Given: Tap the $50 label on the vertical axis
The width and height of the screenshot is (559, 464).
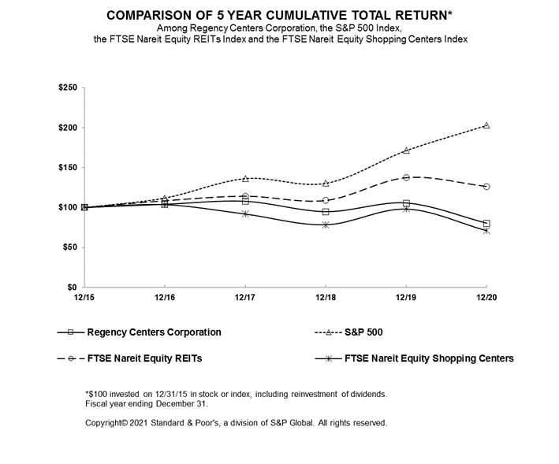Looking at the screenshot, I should (69, 247).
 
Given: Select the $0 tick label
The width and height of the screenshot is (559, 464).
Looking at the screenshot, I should (72, 288).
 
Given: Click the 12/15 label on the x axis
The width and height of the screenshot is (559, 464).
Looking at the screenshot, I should (84, 298).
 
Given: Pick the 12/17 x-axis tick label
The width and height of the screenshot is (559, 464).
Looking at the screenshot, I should (245, 298).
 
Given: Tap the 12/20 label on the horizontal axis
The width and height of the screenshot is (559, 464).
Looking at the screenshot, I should (486, 298).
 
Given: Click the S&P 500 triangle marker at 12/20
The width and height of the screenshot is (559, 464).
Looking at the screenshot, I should (486, 125).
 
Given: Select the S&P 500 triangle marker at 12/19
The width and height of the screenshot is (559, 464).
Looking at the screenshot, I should (406, 150).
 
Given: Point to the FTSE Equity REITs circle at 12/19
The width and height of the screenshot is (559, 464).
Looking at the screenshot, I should (406, 178).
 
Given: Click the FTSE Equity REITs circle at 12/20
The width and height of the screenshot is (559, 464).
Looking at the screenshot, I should (486, 187).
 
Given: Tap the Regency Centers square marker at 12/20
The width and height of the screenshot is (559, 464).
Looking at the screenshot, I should (486, 224).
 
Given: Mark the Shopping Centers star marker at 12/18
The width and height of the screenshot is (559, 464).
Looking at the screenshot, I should (326, 225).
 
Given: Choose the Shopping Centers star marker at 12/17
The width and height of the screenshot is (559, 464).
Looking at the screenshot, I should (245, 213).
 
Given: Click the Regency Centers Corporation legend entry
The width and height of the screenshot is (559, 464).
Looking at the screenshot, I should (154, 332).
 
